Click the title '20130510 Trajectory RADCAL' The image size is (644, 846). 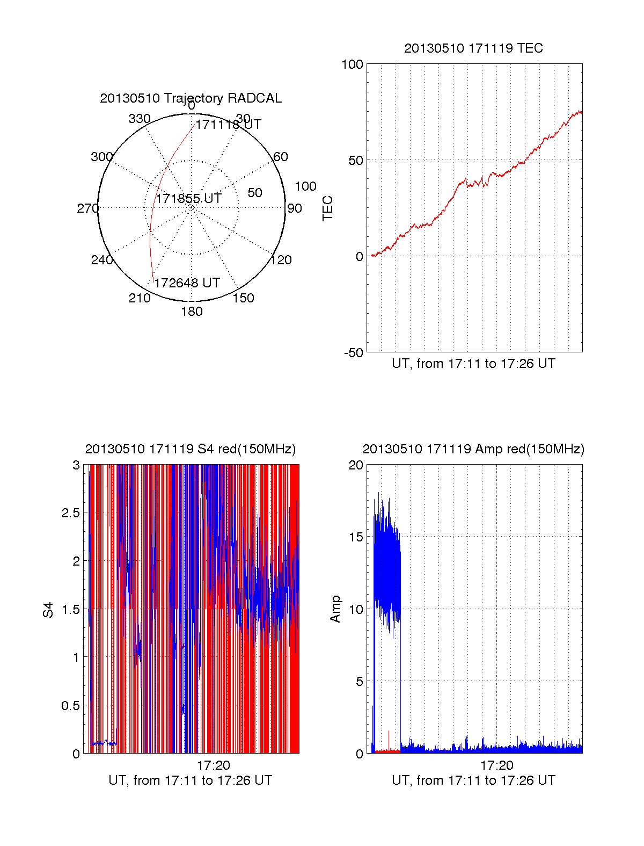point(191,98)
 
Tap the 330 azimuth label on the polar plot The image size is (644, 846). point(140,119)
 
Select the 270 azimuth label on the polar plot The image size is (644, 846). point(87,208)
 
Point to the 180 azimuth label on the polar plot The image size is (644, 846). point(192,312)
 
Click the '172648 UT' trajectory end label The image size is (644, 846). point(187,283)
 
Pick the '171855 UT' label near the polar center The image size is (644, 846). point(188,199)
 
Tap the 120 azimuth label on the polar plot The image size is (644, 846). point(281,261)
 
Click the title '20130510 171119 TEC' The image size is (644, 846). point(473,48)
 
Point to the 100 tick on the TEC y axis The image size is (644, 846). point(353,64)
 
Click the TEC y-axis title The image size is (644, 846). point(327,208)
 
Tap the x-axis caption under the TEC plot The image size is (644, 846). point(473,364)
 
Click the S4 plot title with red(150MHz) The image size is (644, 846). point(191,449)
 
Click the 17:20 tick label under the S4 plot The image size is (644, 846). point(214,765)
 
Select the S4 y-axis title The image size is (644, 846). point(48,610)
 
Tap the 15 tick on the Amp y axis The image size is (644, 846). point(356,537)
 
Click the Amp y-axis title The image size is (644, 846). point(335,609)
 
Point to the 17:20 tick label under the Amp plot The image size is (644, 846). point(496,765)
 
